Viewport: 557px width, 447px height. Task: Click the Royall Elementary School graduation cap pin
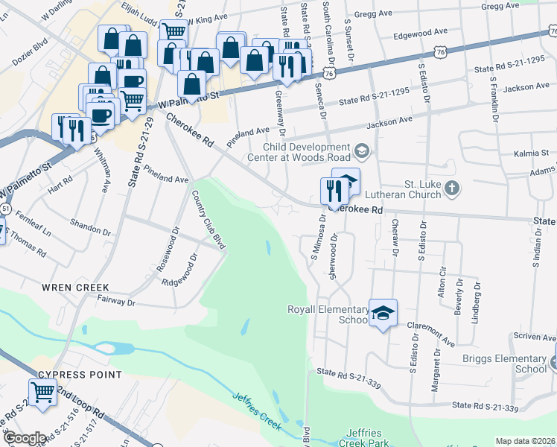[383, 314]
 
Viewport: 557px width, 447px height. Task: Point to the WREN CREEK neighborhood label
[75, 288]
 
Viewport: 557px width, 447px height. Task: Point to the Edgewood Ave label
[420, 34]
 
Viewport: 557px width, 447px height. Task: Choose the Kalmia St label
[531, 153]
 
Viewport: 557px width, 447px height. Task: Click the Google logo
[24, 438]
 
